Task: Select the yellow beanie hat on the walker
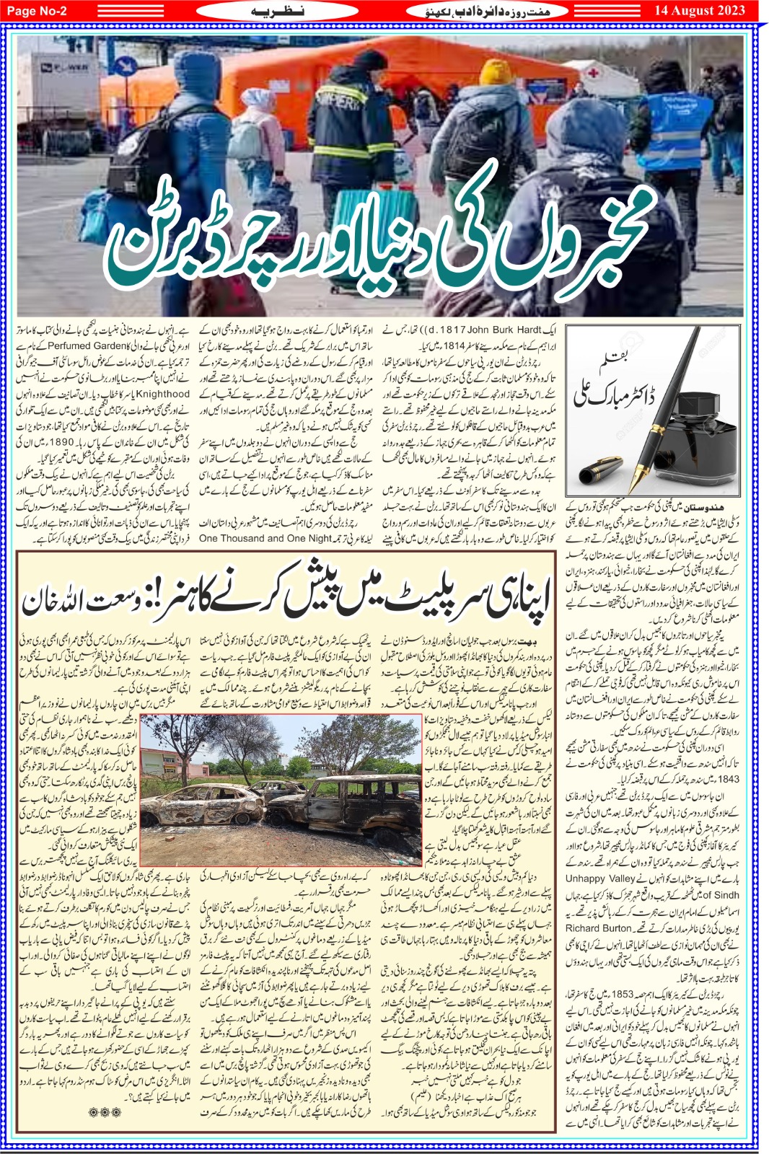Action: tap(496, 74)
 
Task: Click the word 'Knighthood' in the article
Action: tap(162, 395)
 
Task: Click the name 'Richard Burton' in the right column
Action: tap(598, 928)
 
